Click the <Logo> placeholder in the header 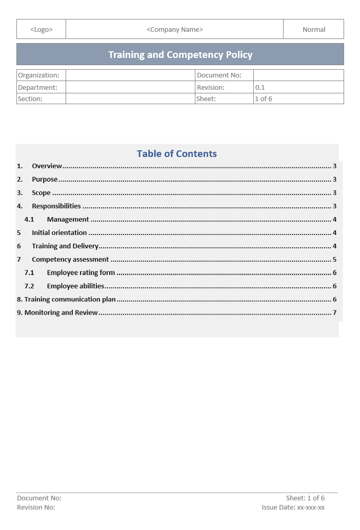point(41,30)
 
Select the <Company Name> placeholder point(175,30)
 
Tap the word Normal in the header point(314,30)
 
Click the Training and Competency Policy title point(180,55)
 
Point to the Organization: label point(38,75)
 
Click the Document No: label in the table point(219,75)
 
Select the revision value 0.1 point(260,88)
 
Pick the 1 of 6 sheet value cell point(264,99)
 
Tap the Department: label point(37,88)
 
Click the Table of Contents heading point(177,154)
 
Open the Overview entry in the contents point(47,166)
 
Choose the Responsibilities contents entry point(56,206)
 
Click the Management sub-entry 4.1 point(68,220)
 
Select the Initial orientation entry point(59,233)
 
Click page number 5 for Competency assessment point(334,260)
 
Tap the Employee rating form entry point(81,273)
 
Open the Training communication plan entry point(70,300)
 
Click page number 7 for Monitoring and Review point(334,313)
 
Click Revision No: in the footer point(36,507)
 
